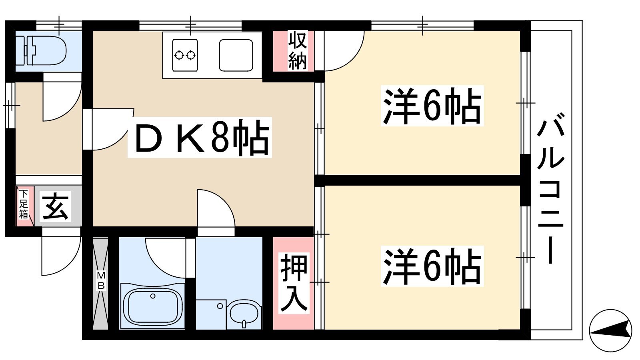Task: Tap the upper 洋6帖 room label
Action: click(x=432, y=106)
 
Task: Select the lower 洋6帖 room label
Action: click(x=432, y=266)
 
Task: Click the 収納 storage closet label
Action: click(x=298, y=50)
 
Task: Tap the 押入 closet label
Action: click(x=294, y=283)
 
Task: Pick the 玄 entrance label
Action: click(x=55, y=206)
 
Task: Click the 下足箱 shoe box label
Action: click(x=24, y=204)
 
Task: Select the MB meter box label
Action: click(x=101, y=280)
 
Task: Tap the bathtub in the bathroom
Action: click(x=152, y=306)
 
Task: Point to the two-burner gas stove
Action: click(x=185, y=55)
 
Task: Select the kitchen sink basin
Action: click(x=236, y=55)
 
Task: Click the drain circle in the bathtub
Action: click(x=153, y=296)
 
